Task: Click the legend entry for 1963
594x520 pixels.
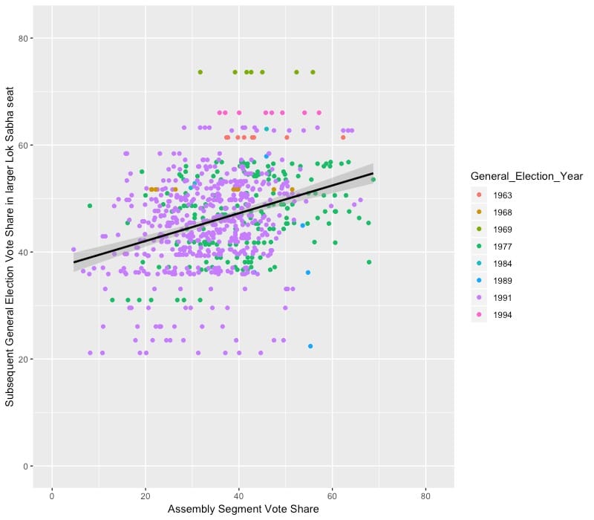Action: click(x=506, y=195)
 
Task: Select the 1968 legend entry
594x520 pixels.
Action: click(x=506, y=212)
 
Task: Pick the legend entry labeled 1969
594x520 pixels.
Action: click(x=506, y=230)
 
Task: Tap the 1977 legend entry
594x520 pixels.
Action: click(x=506, y=247)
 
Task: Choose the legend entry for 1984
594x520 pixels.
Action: click(x=506, y=264)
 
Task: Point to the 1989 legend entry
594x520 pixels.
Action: click(x=506, y=281)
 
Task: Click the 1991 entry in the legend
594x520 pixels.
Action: click(x=506, y=298)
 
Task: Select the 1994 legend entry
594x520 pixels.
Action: click(x=506, y=315)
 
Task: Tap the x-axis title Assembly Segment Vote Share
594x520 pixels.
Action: click(x=243, y=510)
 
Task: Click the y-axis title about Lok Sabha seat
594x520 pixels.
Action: click(x=10, y=252)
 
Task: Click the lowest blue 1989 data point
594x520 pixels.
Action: click(x=310, y=346)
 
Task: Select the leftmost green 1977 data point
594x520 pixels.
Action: click(x=90, y=206)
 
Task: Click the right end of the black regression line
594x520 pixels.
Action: click(x=373, y=173)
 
